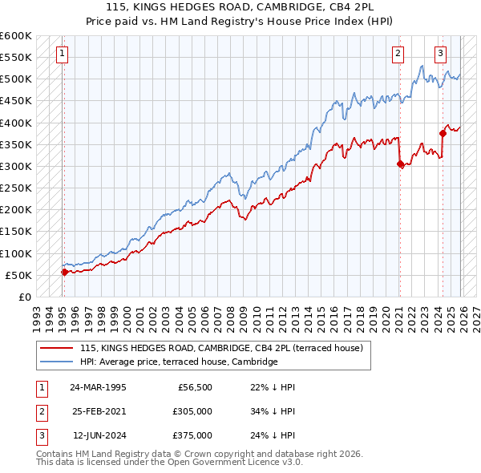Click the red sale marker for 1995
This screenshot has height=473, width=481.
(64, 272)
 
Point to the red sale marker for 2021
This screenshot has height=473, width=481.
(400, 164)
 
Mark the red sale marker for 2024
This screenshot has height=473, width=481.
(443, 134)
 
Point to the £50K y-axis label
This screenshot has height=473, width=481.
(18, 275)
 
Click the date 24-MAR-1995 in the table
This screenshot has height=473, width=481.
(98, 386)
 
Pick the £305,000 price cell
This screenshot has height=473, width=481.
(192, 410)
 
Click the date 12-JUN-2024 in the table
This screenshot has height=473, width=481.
(98, 435)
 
